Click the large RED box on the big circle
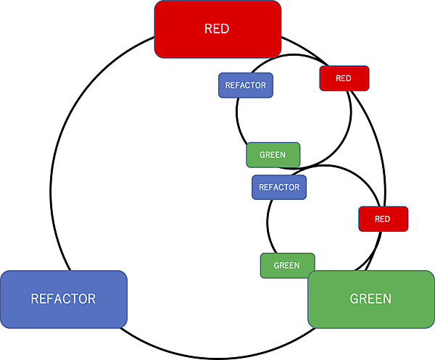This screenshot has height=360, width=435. pos(217,29)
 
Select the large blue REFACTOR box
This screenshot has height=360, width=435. pos(64,298)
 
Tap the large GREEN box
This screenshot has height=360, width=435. pos(370,298)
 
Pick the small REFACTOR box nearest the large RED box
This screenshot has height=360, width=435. pos(245,85)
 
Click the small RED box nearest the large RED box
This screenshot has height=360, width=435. pos(344,78)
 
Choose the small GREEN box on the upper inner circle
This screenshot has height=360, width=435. pos(273,155)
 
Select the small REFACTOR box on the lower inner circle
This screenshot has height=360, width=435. pos(279,187)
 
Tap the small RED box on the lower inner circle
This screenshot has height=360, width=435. pos(383,219)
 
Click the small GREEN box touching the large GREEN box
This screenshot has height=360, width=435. pos(287,265)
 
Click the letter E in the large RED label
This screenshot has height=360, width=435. pos(217,30)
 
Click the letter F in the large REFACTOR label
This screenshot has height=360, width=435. pos(51,298)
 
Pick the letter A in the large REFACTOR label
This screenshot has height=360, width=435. pos(59,298)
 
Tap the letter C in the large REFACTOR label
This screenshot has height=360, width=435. pos(67,298)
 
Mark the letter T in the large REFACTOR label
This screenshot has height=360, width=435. pos(75,298)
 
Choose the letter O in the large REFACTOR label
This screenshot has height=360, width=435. pos(83,298)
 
